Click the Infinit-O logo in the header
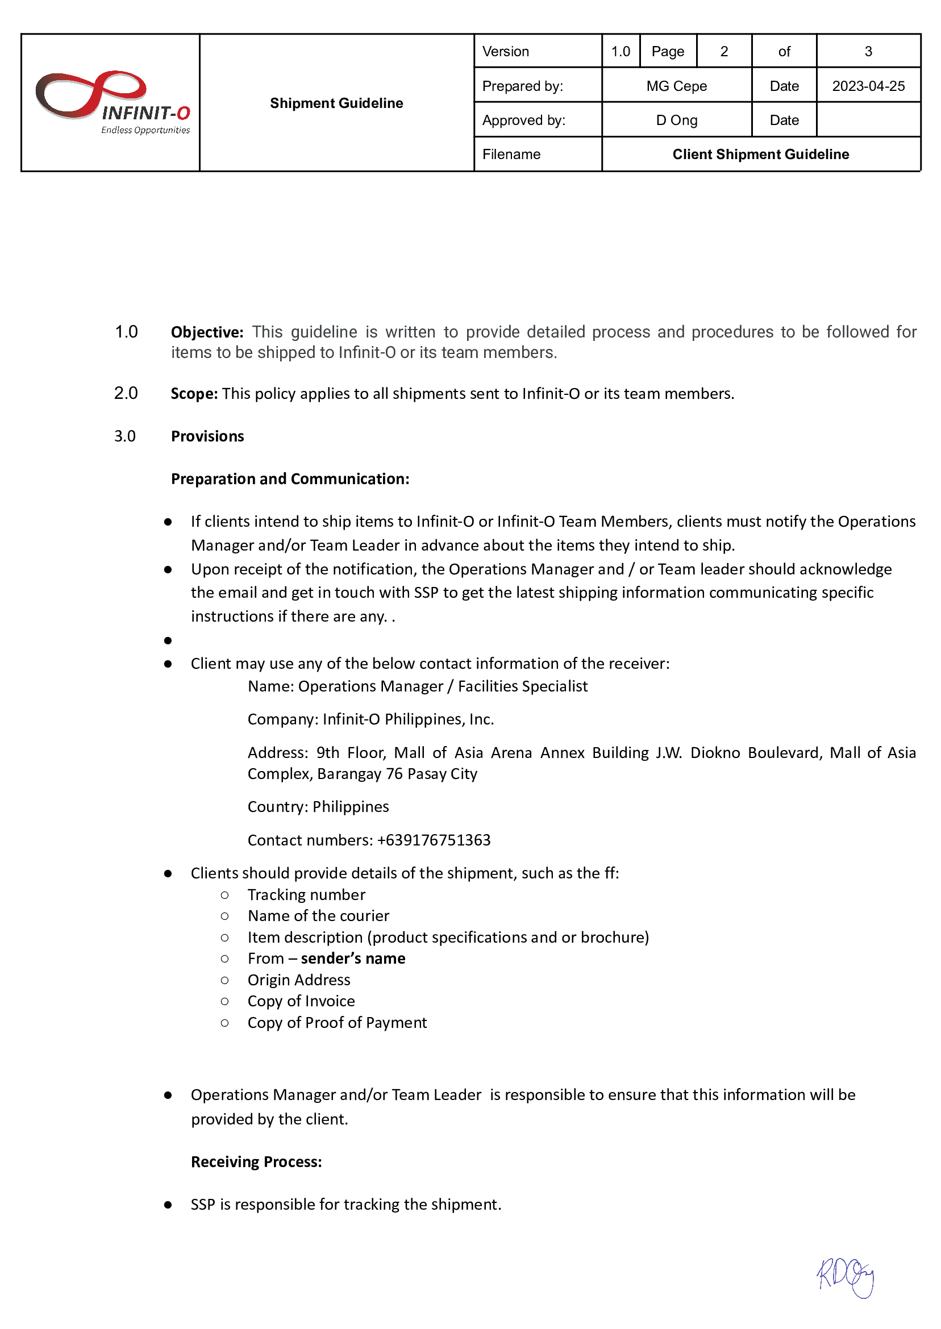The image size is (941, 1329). pos(113,102)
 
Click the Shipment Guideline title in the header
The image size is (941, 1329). pos(336,103)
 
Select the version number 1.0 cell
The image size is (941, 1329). pos(620,52)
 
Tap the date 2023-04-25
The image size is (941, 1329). pos(868,86)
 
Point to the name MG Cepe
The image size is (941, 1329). pos(676,86)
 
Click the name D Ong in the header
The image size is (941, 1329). pos(676,120)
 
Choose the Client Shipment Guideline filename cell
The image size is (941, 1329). pos(760,154)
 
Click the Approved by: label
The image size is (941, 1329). pos(523,120)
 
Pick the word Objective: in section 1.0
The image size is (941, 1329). pos(207,332)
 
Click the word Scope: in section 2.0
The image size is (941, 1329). pos(194,393)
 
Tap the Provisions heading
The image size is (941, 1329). pos(207,436)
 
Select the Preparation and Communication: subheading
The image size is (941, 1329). pos(290,478)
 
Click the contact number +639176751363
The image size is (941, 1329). pos(434,839)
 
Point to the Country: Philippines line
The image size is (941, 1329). pos(318,806)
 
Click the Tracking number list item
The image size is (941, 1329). pos(306,894)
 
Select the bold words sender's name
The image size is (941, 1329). pos(353,958)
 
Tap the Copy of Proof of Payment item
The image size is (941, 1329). pos(336,1023)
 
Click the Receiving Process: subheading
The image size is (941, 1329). pos(256,1161)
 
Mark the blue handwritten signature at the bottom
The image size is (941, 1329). pos(846,1277)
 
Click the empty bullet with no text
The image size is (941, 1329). pos(168,640)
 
